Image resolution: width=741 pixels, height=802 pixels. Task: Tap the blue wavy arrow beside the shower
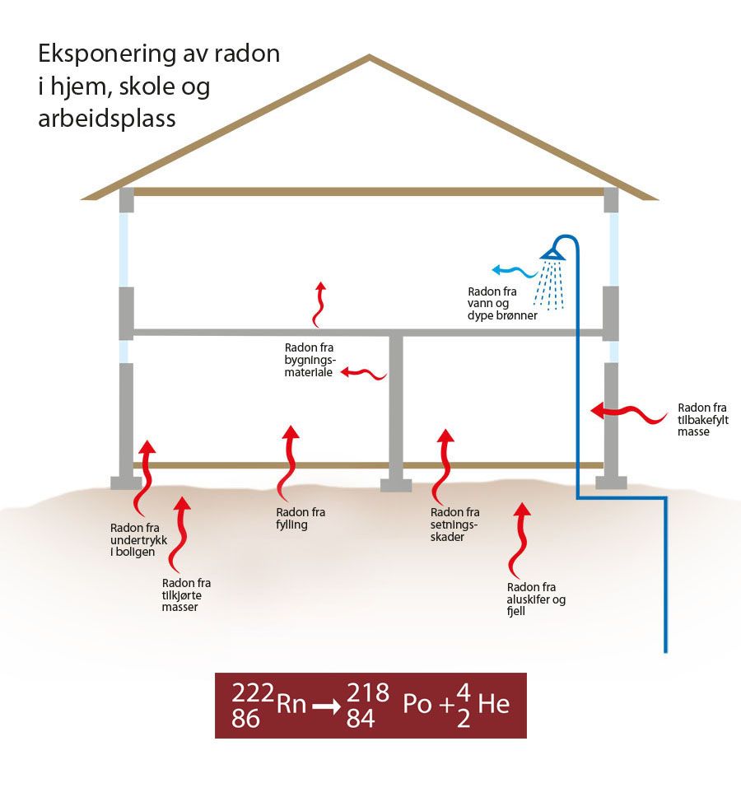513,269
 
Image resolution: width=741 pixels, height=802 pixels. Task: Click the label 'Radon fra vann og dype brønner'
503,303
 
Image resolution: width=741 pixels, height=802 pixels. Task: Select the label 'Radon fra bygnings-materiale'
308,360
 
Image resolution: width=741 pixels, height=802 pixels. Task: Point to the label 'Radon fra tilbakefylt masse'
703,419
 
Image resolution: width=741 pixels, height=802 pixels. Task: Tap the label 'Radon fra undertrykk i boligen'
134,540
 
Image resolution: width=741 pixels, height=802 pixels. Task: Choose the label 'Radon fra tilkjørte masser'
187,595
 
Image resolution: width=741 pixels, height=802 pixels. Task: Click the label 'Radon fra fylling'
301,519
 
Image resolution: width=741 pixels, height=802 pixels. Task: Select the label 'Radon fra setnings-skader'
454,525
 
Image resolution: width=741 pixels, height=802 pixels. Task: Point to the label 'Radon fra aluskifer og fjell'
536,599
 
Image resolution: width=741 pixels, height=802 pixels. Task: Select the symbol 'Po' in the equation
417,705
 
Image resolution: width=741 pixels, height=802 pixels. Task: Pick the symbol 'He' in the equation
493,705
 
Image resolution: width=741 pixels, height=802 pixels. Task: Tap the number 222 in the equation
249,692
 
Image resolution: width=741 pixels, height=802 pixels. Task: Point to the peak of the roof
370,57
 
